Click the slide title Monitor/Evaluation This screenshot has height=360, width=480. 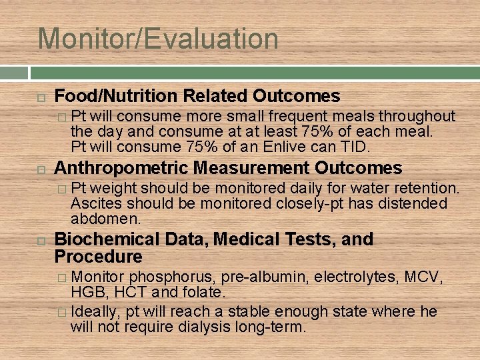(x=158, y=39)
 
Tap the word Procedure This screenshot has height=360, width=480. (x=99, y=257)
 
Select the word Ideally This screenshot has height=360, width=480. (x=95, y=311)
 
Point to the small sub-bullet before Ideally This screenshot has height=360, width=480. (x=62, y=312)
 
